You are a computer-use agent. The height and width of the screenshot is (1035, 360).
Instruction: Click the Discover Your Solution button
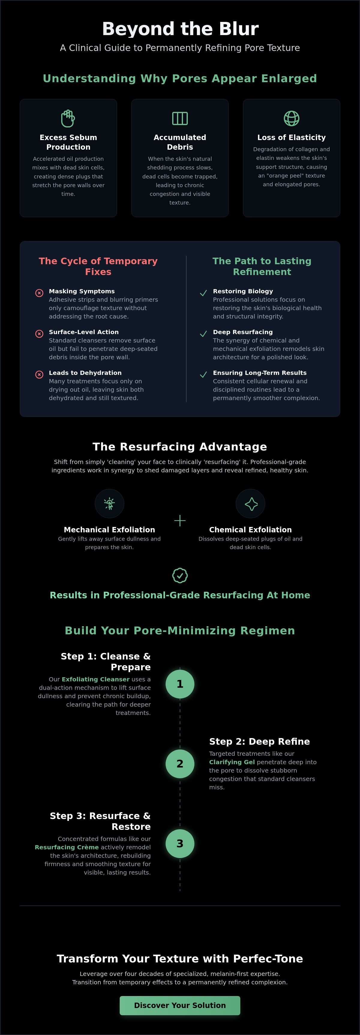180,1005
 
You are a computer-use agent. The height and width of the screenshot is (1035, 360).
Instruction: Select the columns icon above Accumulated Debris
180,118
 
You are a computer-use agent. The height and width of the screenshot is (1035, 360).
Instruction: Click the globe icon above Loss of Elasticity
292,118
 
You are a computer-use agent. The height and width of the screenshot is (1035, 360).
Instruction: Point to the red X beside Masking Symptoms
39,293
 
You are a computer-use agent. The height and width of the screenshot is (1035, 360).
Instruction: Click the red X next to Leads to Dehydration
39,375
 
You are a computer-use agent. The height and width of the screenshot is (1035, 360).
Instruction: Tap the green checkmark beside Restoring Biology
203,293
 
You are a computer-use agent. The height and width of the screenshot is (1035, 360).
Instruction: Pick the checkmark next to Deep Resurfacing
203,334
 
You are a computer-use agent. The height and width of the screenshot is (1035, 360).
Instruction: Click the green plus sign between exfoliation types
180,521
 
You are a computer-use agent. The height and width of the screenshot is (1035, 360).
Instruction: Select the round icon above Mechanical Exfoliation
109,504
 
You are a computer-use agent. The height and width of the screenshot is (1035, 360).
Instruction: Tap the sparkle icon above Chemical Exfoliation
251,504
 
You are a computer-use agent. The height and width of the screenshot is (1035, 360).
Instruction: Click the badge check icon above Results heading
180,575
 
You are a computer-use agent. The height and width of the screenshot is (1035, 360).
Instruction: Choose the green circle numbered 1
180,684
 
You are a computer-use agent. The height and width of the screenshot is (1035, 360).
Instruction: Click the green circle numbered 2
180,763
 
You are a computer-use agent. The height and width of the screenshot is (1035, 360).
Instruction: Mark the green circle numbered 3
180,843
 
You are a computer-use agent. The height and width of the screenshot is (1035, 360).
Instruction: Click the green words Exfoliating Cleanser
96,679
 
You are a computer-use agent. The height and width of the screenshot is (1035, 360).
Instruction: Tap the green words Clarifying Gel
232,762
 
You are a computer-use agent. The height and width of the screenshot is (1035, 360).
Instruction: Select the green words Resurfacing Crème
67,847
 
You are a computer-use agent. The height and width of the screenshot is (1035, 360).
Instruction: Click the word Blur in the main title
239,29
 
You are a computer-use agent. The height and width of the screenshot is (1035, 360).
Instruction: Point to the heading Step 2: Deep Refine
259,741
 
